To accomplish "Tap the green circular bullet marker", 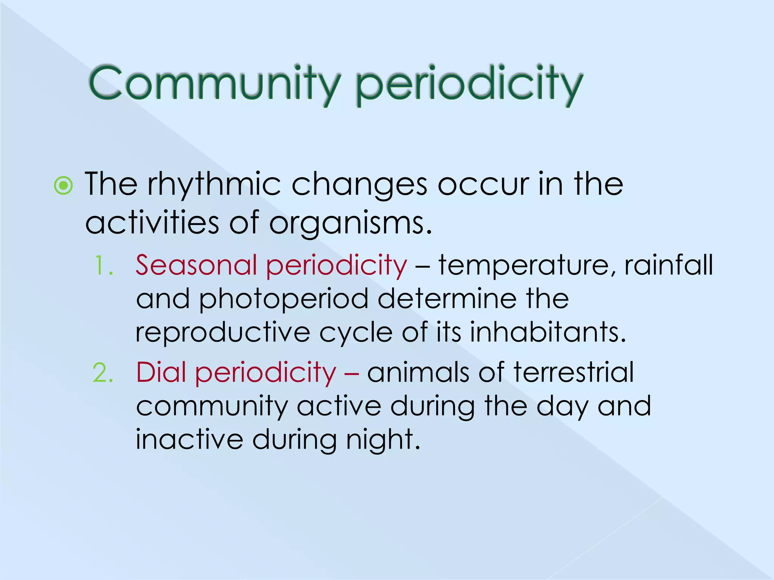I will point(63,185).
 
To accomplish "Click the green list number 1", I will point(103,265).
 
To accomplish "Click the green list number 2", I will point(103,373).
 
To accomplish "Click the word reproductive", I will point(223,333).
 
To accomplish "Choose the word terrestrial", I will point(573,372).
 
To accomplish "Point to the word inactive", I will point(189,440).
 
